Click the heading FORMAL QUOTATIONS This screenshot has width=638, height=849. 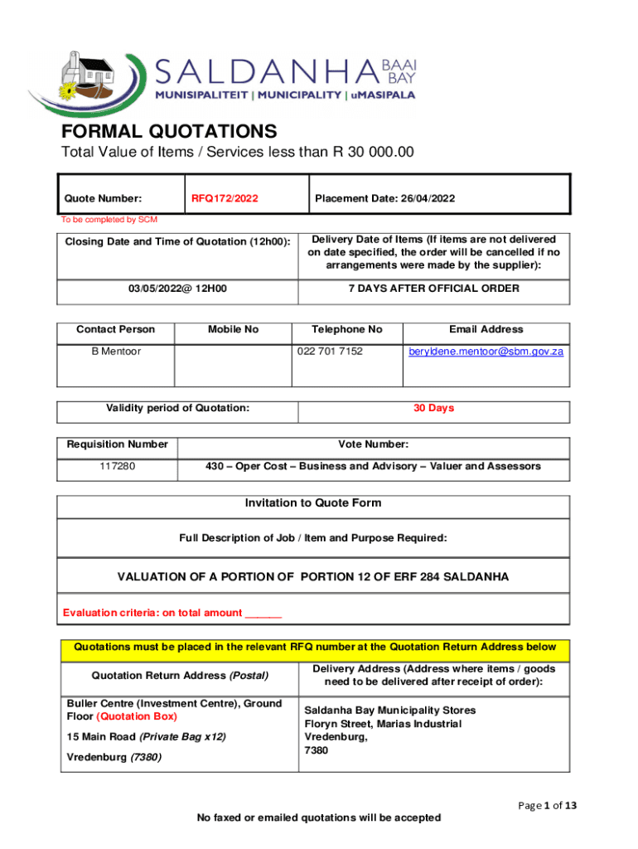point(169,132)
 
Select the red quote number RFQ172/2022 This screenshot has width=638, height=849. point(225,198)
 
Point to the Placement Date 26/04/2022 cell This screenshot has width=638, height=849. point(384,198)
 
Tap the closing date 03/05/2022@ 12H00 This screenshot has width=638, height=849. point(178,289)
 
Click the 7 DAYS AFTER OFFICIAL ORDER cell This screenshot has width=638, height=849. point(434,289)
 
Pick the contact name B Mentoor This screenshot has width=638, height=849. point(116,352)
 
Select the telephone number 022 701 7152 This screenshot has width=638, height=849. point(330,352)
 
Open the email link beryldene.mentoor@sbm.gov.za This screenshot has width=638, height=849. point(486,352)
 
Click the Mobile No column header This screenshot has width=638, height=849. point(234,329)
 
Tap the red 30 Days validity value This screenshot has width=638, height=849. point(434,408)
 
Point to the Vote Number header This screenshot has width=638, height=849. point(373,444)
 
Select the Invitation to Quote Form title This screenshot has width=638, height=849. point(313,503)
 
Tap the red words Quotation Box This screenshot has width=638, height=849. point(137,716)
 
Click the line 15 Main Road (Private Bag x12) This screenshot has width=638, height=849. point(146,736)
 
